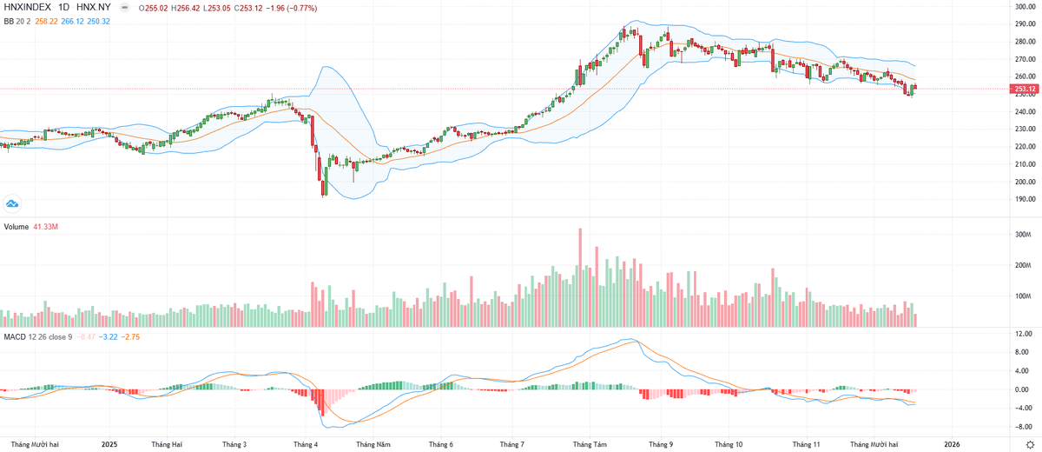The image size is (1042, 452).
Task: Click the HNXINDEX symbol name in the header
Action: (27, 8)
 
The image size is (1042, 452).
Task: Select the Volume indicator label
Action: (16, 227)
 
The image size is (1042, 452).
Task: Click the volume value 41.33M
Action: (46, 227)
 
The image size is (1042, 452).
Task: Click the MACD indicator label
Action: (15, 336)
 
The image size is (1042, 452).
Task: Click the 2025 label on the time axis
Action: (109, 444)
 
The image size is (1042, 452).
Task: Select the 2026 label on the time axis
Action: (952, 444)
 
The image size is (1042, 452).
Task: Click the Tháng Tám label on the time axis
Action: (588, 444)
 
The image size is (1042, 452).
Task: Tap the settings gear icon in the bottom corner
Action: (1030, 444)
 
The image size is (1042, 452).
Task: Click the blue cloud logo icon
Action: (12, 203)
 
